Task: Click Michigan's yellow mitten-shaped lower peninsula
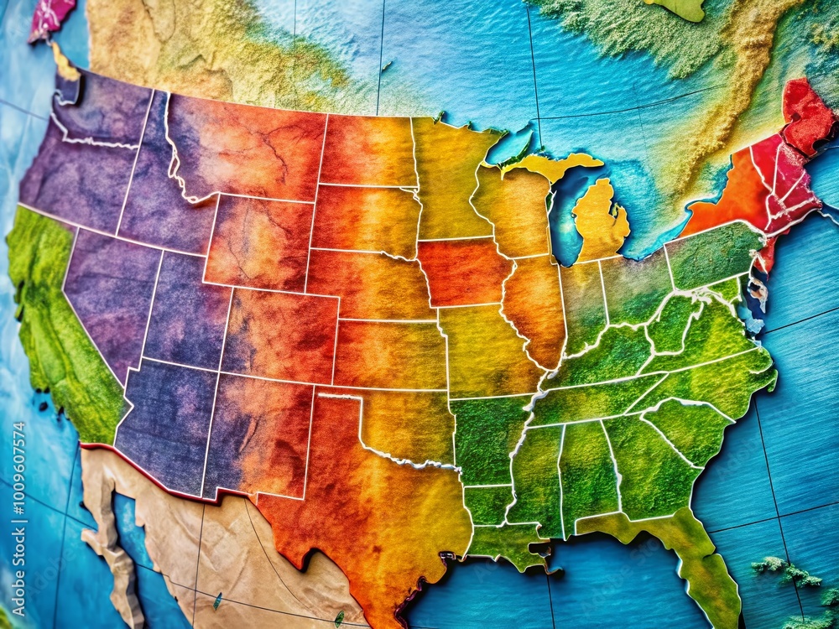pyautogui.click(x=601, y=222)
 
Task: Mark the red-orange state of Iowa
pyautogui.click(x=461, y=273)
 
